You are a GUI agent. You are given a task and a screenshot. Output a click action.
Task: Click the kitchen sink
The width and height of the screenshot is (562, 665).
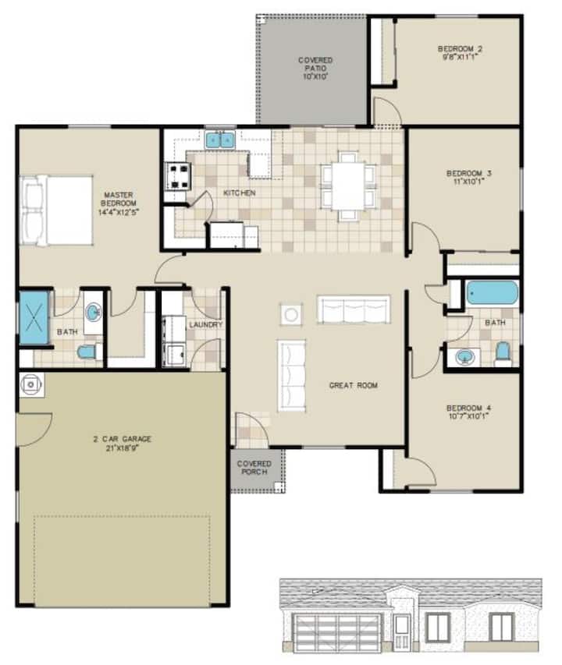coord(220,140)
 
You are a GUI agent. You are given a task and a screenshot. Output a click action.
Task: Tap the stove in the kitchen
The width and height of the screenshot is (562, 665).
coord(177,176)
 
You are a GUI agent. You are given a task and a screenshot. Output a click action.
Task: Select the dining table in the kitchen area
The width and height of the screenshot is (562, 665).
coord(348,186)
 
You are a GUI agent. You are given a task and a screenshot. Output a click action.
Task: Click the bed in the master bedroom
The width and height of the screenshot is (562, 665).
coord(56,210)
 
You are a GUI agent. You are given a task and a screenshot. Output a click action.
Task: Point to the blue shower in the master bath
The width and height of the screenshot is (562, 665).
coord(34,317)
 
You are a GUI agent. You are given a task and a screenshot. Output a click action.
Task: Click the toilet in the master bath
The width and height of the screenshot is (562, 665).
coord(89,352)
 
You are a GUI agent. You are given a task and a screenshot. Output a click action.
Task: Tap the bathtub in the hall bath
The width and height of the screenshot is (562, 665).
coord(492,293)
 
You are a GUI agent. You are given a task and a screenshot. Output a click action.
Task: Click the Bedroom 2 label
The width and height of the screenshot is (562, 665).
coord(460,49)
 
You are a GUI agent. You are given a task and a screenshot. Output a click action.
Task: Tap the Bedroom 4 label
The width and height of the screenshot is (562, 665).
coord(468,408)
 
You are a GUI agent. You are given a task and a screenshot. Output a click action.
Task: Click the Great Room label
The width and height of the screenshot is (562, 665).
coord(354,385)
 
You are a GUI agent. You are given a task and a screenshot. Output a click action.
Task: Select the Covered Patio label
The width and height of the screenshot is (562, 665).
coord(315,64)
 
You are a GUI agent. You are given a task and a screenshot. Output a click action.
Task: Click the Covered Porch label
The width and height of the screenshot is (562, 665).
coord(254,468)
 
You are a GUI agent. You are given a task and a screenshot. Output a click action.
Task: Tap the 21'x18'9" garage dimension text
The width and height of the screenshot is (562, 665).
coord(123,447)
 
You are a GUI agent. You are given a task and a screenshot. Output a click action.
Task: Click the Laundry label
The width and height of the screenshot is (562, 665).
coord(206,324)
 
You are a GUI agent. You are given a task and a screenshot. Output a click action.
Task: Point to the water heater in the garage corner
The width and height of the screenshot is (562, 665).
coord(31,384)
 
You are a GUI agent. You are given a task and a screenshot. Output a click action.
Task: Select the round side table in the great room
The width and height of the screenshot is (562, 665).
coord(291,314)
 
